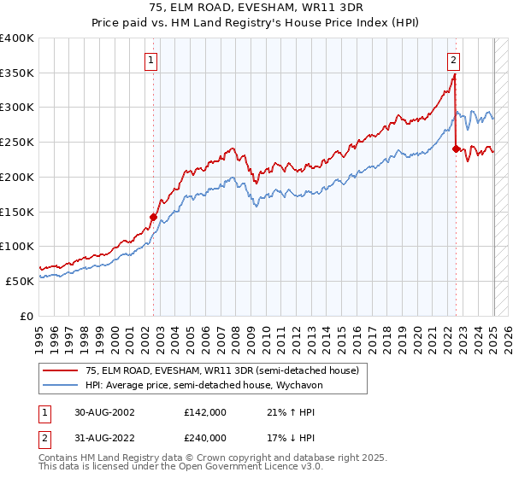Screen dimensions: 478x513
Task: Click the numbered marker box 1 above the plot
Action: pyautogui.click(x=150, y=60)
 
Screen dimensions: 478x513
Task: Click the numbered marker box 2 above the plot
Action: pyautogui.click(x=452, y=60)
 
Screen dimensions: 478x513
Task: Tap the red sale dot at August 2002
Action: pyautogui.click(x=154, y=217)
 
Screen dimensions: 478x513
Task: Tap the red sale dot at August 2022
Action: pyautogui.click(x=456, y=149)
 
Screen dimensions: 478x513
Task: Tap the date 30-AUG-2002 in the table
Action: pyautogui.click(x=103, y=412)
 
